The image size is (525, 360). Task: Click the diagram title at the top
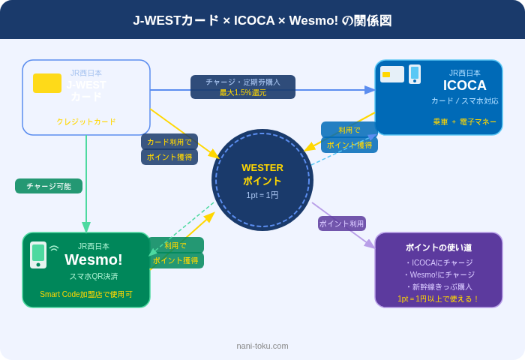pos(262,20)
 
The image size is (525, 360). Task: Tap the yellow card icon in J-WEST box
pos(47,83)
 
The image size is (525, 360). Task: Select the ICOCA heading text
pos(465,85)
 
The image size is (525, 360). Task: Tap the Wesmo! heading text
pos(94,259)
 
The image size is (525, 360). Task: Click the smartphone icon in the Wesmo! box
pos(38,254)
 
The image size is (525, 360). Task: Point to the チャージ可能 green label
pos(49,186)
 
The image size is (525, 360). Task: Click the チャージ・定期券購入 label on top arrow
pos(243,82)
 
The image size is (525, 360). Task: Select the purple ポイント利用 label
pos(342,223)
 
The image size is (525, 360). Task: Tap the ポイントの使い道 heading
pos(439,247)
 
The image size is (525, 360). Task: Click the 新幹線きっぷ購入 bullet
pos(439,286)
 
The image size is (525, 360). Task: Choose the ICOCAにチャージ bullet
pos(439,262)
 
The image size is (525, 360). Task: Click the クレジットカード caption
pos(86,121)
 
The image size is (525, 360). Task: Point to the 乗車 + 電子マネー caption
pos(464,121)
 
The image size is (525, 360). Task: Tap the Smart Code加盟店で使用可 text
pos(86,294)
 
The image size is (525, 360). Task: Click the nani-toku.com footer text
pos(262,346)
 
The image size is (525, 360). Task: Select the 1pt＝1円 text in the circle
pos(262,195)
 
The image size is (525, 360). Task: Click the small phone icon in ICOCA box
pos(415,74)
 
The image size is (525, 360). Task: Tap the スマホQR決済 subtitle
pos(94,276)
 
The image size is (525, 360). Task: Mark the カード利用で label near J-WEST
pos(169,142)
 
